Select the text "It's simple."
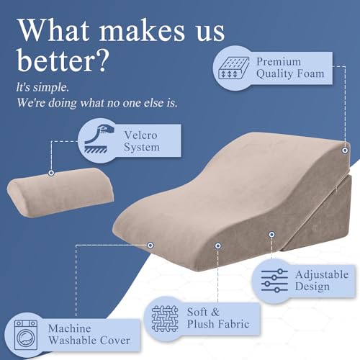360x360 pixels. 41,86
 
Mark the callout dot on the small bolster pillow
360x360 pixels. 50,173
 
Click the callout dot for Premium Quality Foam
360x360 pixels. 346,150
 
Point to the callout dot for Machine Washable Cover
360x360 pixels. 150,245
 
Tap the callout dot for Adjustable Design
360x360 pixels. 271,234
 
